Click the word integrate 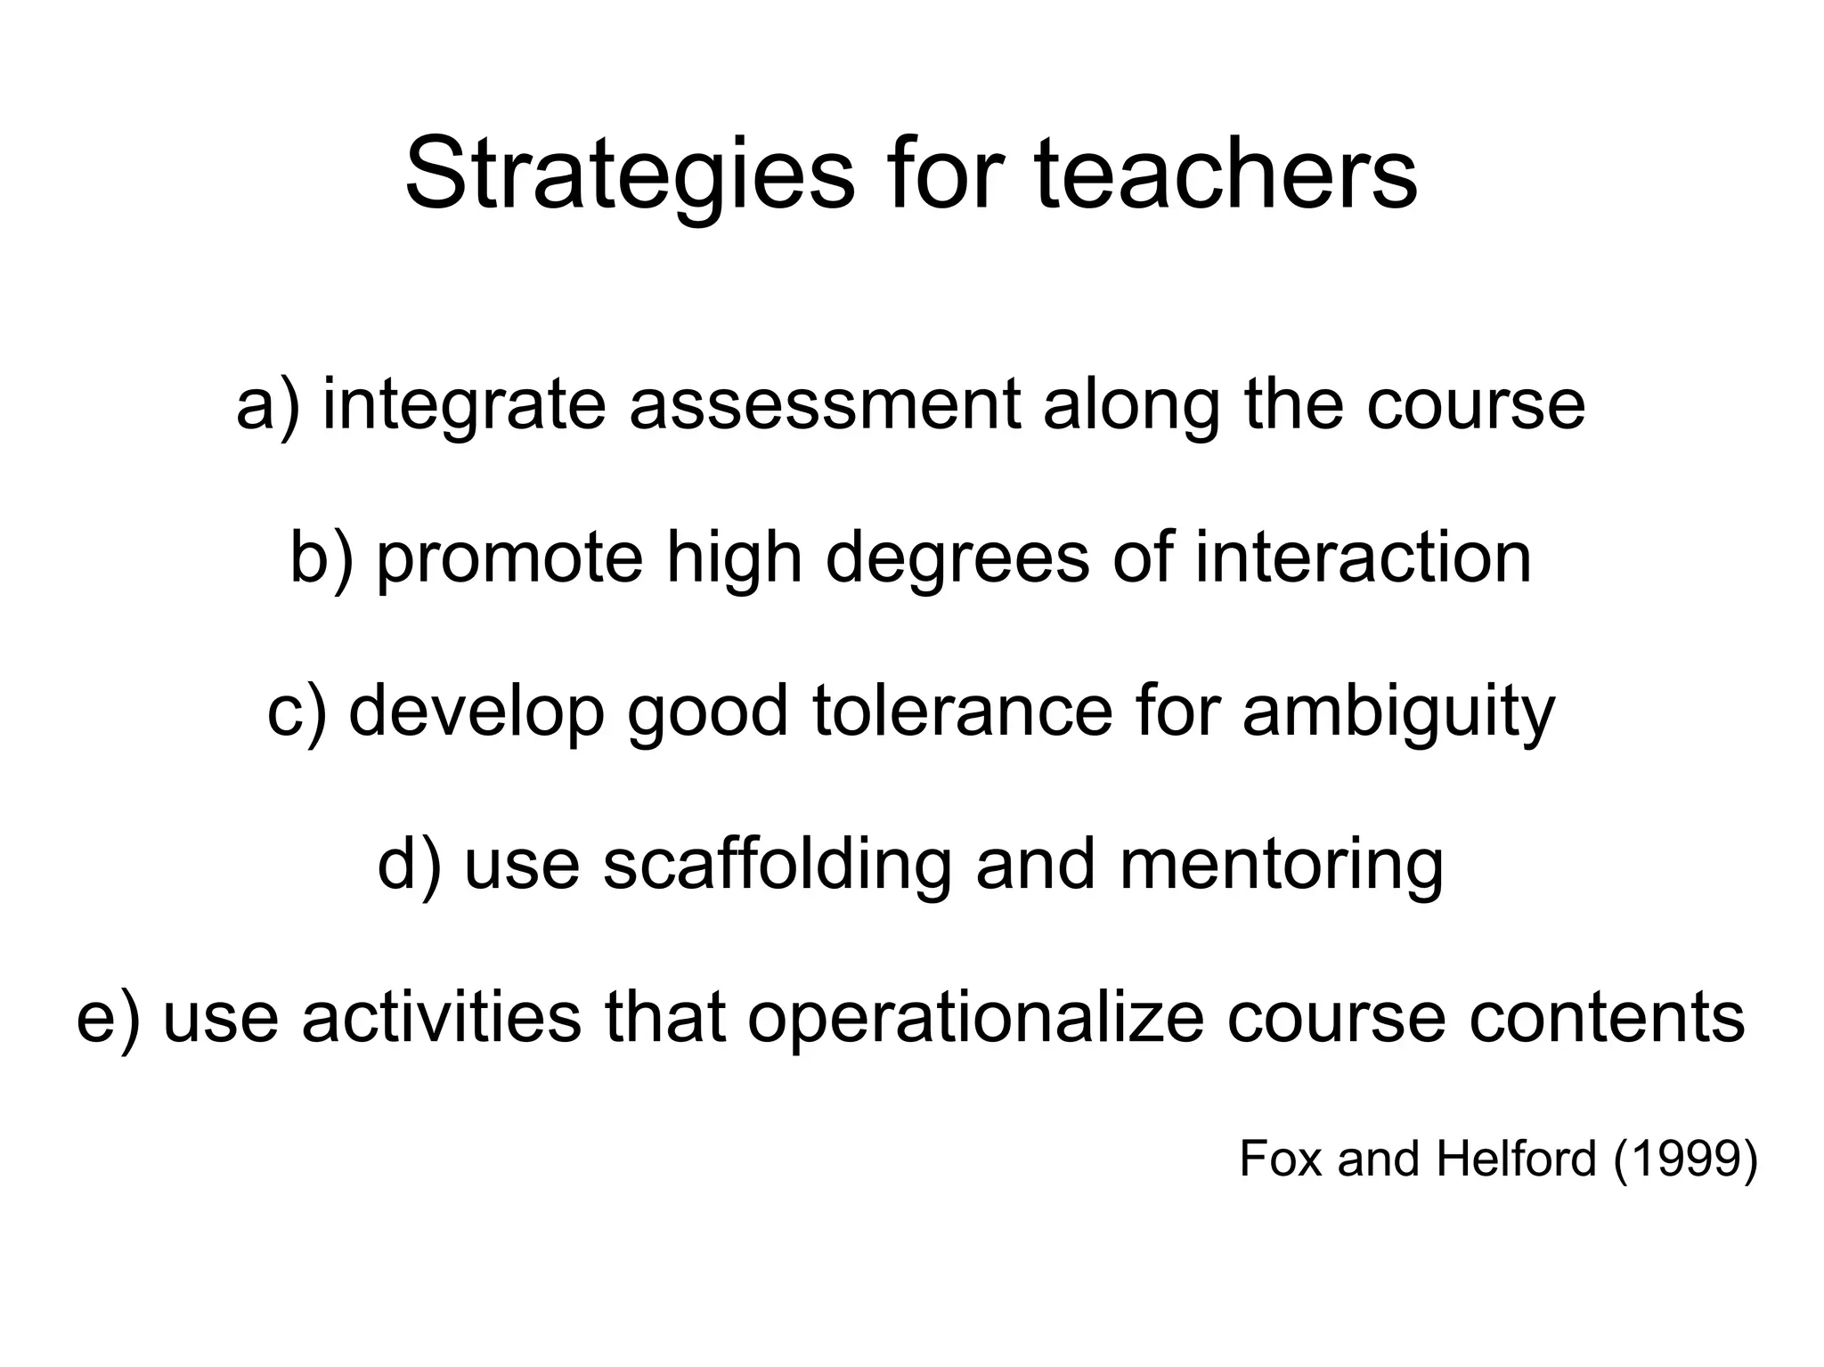coord(464,405)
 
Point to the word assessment coord(825,405)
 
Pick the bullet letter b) coord(322,558)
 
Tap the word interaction coord(1363,558)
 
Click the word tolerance coord(963,712)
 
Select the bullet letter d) coord(409,865)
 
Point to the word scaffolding coord(778,865)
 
